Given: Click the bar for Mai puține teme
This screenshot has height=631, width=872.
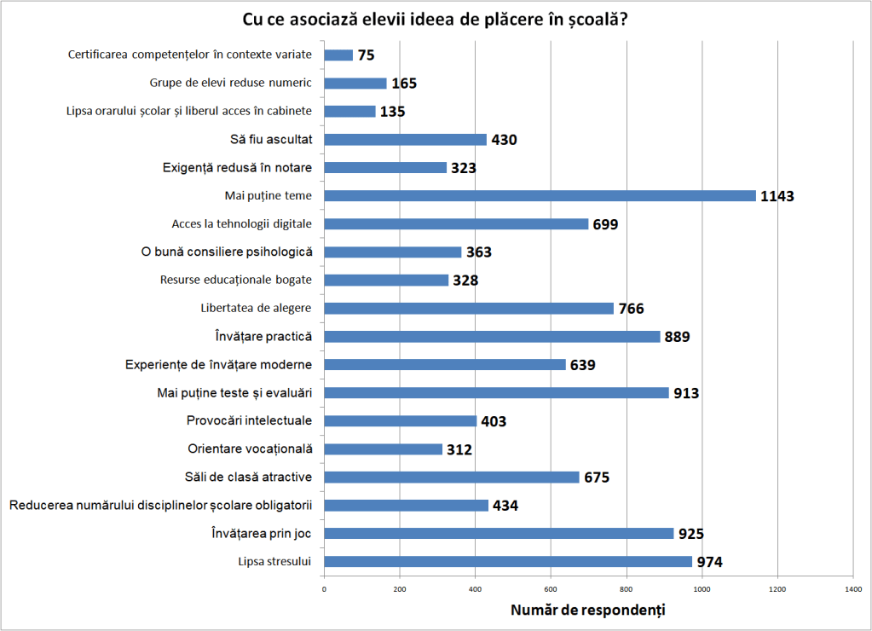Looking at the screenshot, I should (x=540, y=195).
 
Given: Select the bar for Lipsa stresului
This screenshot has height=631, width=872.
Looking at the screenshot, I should (x=508, y=561).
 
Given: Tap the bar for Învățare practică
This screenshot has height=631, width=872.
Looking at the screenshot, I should (x=492, y=336).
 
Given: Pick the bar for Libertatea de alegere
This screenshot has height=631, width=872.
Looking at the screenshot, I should (x=469, y=308).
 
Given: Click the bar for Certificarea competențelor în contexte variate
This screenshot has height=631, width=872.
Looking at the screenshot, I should (x=338, y=55).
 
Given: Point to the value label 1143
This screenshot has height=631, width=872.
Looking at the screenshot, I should (x=777, y=196).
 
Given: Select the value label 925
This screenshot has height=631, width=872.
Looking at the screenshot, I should (x=690, y=534).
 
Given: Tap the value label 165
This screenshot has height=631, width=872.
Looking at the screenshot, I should (x=404, y=84).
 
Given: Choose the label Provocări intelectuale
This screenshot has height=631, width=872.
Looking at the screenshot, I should (x=249, y=420).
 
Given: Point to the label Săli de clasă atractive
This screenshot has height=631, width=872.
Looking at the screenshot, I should (x=248, y=477).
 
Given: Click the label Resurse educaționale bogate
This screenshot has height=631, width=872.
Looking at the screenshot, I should (x=236, y=280).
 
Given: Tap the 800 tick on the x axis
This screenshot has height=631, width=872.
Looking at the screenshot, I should (x=627, y=588).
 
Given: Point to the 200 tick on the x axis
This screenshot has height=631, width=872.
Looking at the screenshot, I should (x=400, y=588).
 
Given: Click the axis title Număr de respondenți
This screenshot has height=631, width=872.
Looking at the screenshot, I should (x=588, y=611).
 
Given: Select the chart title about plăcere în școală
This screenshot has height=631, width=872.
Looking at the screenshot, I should (x=436, y=20).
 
